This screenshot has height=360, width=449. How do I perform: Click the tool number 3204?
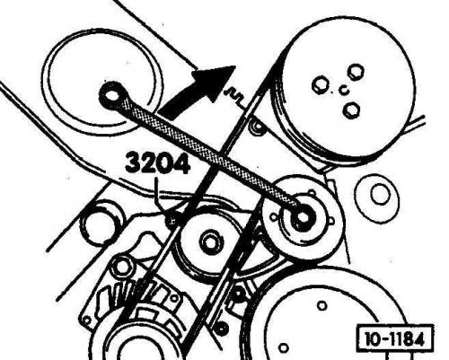pyautogui.click(x=158, y=163)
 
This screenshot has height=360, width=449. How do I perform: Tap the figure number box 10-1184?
pyautogui.click(x=395, y=339)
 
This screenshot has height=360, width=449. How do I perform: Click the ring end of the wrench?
pyautogui.click(x=113, y=95)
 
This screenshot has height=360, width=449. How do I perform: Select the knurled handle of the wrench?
pyautogui.click(x=209, y=153)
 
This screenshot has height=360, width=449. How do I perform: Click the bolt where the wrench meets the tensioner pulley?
pyautogui.click(x=303, y=217)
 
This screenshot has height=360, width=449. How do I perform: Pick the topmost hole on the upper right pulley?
pyautogui.click(x=356, y=72)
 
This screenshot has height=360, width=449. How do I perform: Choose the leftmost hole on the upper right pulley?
pyautogui.click(x=321, y=85)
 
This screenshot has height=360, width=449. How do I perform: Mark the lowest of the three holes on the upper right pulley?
pyautogui.click(x=351, y=110)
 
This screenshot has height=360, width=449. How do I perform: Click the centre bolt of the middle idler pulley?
pyautogui.click(x=211, y=241)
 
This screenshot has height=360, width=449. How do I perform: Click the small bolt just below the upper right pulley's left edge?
pyautogui.click(x=257, y=127)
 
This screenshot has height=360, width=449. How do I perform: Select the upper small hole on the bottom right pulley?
pyautogui.click(x=322, y=306)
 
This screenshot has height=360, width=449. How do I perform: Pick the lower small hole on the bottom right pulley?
pyautogui.click(x=283, y=348)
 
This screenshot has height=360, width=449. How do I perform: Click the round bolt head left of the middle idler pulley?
pyautogui.click(x=121, y=266)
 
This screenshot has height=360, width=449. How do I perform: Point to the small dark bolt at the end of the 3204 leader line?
pyautogui.click(x=173, y=221)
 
